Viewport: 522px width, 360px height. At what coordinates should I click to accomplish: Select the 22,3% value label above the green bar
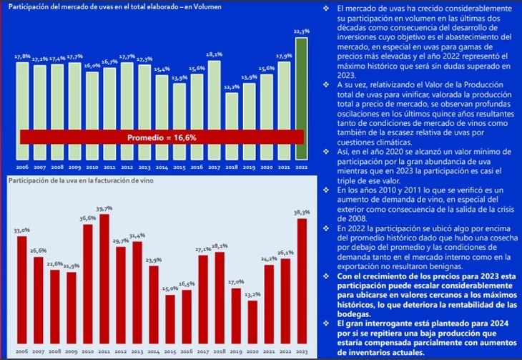(301, 31)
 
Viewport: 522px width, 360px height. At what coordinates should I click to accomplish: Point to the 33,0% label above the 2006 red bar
(21, 230)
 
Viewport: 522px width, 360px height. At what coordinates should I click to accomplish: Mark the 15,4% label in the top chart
(162, 69)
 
